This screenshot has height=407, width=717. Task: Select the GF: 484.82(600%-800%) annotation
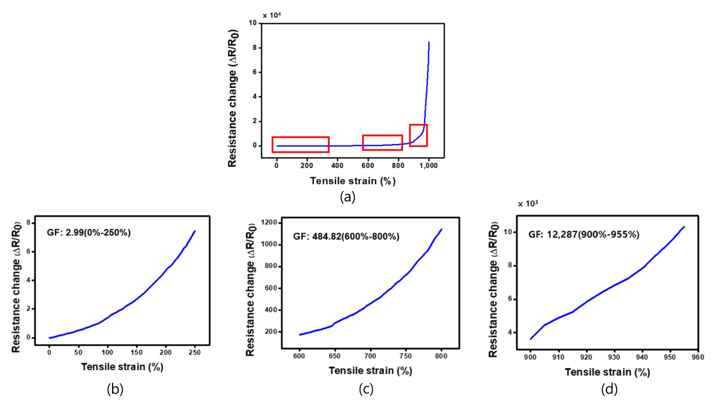pos(346,236)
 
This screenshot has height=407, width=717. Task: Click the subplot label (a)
pos(348,198)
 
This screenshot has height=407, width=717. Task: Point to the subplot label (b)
pos(115,389)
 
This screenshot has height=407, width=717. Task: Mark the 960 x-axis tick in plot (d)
pos(698,357)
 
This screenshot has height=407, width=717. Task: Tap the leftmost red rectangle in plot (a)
pos(300,145)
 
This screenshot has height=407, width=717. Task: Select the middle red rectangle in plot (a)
pos(382,143)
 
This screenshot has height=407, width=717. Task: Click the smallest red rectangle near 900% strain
pos(418,135)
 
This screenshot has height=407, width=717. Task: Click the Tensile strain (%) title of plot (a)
pos(353,181)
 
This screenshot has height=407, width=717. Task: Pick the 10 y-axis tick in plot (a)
pos(252,23)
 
